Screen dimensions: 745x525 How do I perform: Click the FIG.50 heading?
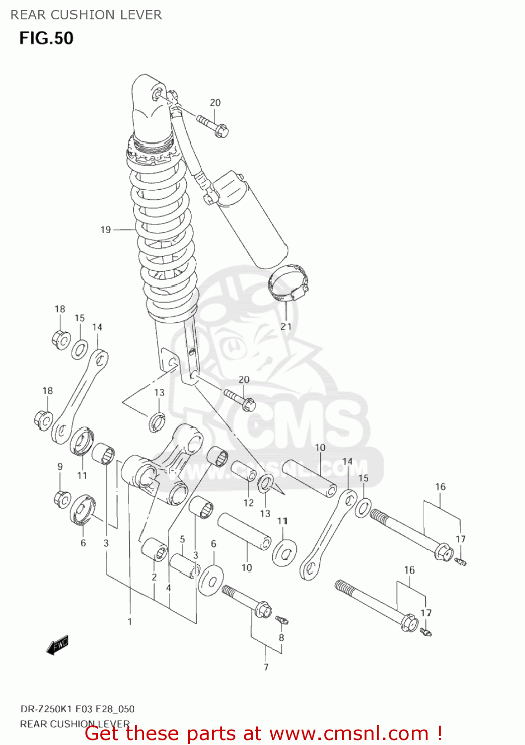(x=46, y=38)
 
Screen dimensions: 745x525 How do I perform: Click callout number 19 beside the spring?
(x=105, y=229)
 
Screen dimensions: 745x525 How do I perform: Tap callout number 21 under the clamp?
(x=286, y=326)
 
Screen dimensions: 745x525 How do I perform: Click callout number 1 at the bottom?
(x=130, y=621)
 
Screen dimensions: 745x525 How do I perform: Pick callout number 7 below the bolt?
(x=266, y=667)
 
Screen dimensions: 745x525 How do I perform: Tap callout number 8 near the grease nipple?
(x=281, y=637)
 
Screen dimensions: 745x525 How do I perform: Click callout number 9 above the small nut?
(x=60, y=466)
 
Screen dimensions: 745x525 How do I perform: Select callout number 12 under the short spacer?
(x=248, y=503)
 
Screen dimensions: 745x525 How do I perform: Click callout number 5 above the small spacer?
(x=182, y=539)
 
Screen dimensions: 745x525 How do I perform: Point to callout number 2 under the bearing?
(x=154, y=577)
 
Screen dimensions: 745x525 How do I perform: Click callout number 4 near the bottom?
(x=168, y=588)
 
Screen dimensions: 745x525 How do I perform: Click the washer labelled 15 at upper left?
(x=79, y=349)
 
